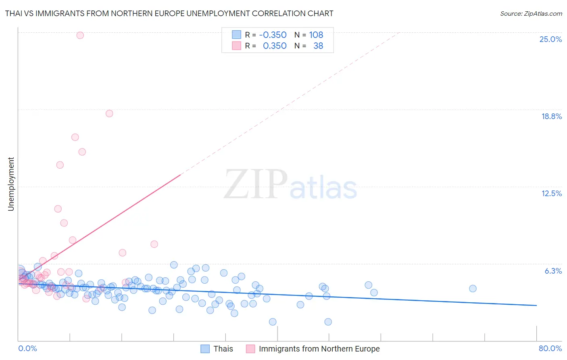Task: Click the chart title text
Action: [169, 13]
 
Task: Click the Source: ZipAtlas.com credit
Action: [531, 13]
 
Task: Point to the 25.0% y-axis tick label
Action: [550, 39]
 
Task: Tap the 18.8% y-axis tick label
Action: [551, 116]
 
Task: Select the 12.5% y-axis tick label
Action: [551, 193]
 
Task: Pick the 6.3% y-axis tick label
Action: [553, 271]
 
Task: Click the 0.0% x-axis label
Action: [27, 348]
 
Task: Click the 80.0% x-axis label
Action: [550, 348]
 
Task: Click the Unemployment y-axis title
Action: [11, 184]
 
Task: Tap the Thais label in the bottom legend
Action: [223, 349]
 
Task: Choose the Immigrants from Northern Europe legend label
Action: [319, 349]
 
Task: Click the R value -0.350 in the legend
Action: [273, 35]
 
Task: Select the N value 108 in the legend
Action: [316, 35]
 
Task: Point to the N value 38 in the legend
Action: [318, 46]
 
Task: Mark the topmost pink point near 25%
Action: [80, 35]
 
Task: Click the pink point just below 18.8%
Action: [109, 113]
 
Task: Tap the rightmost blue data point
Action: [473, 288]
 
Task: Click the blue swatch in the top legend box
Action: [236, 35]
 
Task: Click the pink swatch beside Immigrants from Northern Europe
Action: [250, 349]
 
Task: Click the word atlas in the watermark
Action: [323, 188]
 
